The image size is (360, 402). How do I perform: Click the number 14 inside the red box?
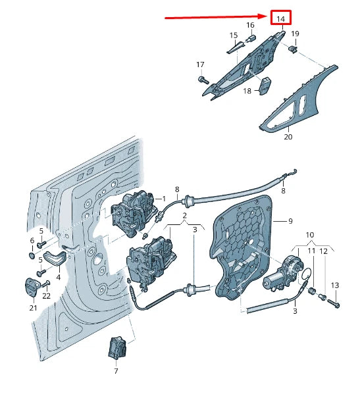[280, 19]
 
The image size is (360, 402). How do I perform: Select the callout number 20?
[288, 138]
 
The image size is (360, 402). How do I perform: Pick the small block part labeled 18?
[267, 86]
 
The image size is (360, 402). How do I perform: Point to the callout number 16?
[250, 25]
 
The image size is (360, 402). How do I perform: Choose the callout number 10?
[310, 235]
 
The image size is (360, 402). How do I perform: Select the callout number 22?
[46, 296]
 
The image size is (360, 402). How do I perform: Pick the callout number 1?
[164, 198]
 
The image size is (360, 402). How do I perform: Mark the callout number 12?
[323, 251]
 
